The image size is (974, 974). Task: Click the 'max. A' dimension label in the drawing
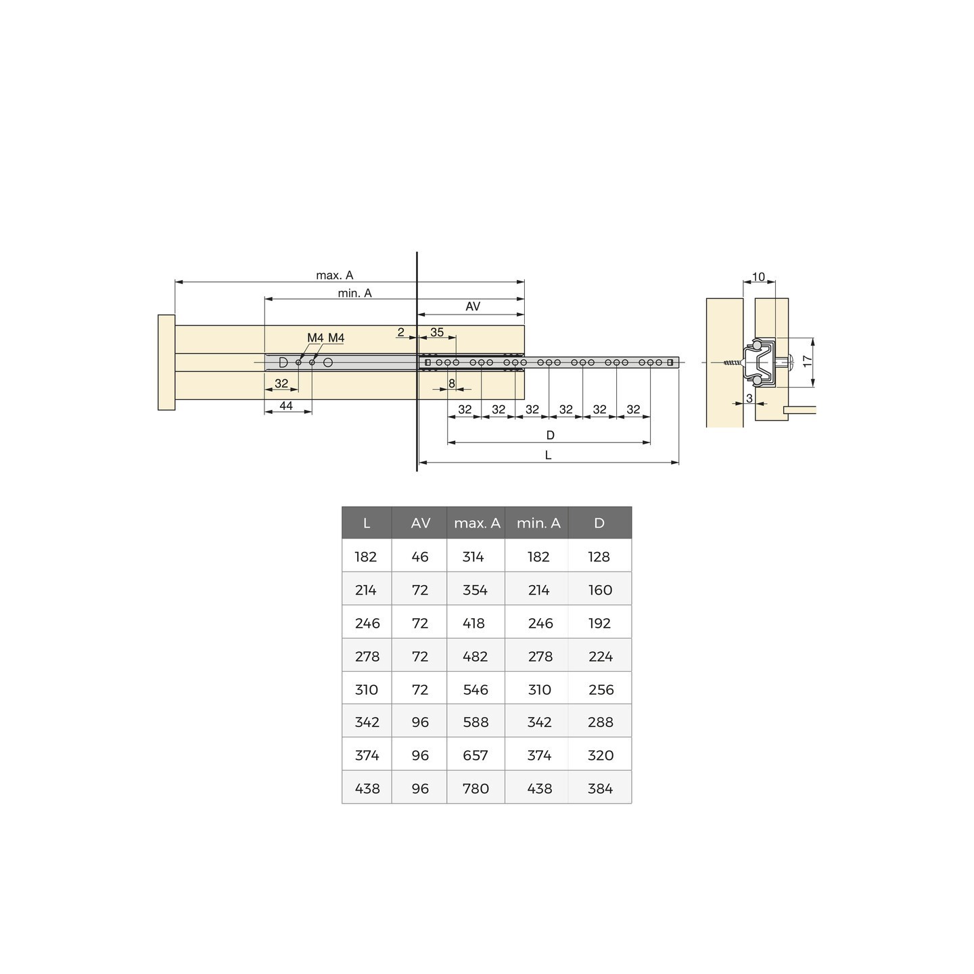pos(334,275)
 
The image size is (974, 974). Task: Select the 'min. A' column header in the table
pos(538,523)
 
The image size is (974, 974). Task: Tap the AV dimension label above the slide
pos(473,306)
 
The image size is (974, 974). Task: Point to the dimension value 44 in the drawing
pos(286,406)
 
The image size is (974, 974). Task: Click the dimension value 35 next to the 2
pos(437,332)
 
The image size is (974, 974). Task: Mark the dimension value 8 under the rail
pos(452,384)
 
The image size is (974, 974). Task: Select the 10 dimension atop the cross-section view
pos(758,277)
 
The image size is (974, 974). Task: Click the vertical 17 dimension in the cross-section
pos(807,361)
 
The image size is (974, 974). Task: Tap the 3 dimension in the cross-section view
pos(749,398)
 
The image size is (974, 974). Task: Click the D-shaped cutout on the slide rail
pos(283,363)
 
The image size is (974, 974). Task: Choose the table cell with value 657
pos(476,755)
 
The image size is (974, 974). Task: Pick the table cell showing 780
pos(476,788)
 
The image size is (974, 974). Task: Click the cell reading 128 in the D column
pos(599,557)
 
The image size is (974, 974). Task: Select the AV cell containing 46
pos(420,557)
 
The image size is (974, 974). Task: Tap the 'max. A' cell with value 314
pos(473,557)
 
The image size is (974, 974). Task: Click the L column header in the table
pos(367,523)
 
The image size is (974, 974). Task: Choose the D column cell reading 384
pos(600,788)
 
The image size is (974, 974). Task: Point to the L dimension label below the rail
pos(548,455)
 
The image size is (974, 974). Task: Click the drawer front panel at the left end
pos(166,363)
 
